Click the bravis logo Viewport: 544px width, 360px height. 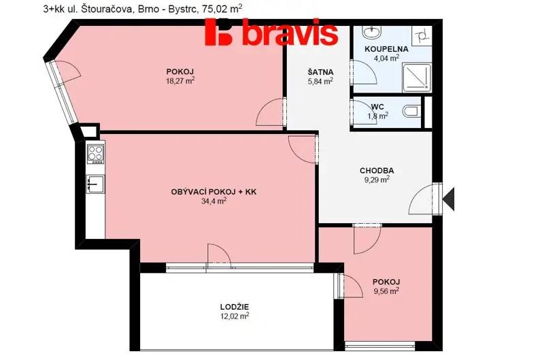click(271, 32)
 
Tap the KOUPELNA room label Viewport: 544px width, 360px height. click(386, 49)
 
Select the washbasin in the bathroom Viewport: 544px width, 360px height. click(372, 32)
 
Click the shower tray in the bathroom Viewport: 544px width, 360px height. click(417, 78)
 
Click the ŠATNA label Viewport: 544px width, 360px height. click(320, 72)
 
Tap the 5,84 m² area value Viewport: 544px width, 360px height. click(320, 81)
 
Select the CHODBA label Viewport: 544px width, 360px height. click(377, 171)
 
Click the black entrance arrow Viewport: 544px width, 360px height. click(449, 199)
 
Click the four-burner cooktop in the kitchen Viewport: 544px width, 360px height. click(95, 154)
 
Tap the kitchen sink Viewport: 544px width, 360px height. click(95, 184)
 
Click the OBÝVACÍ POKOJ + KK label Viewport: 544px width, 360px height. click(214, 192)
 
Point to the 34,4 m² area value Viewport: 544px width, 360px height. click(214, 201)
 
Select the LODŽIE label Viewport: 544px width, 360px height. click(235, 307)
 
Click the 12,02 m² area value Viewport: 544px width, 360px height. click(235, 316)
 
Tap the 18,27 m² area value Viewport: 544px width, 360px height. click(180, 81)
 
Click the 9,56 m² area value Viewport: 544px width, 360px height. click(386, 291)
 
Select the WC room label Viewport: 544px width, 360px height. click(377, 107)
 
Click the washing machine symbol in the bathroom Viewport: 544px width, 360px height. click(422, 35)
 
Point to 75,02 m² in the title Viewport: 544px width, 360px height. click(222, 9)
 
